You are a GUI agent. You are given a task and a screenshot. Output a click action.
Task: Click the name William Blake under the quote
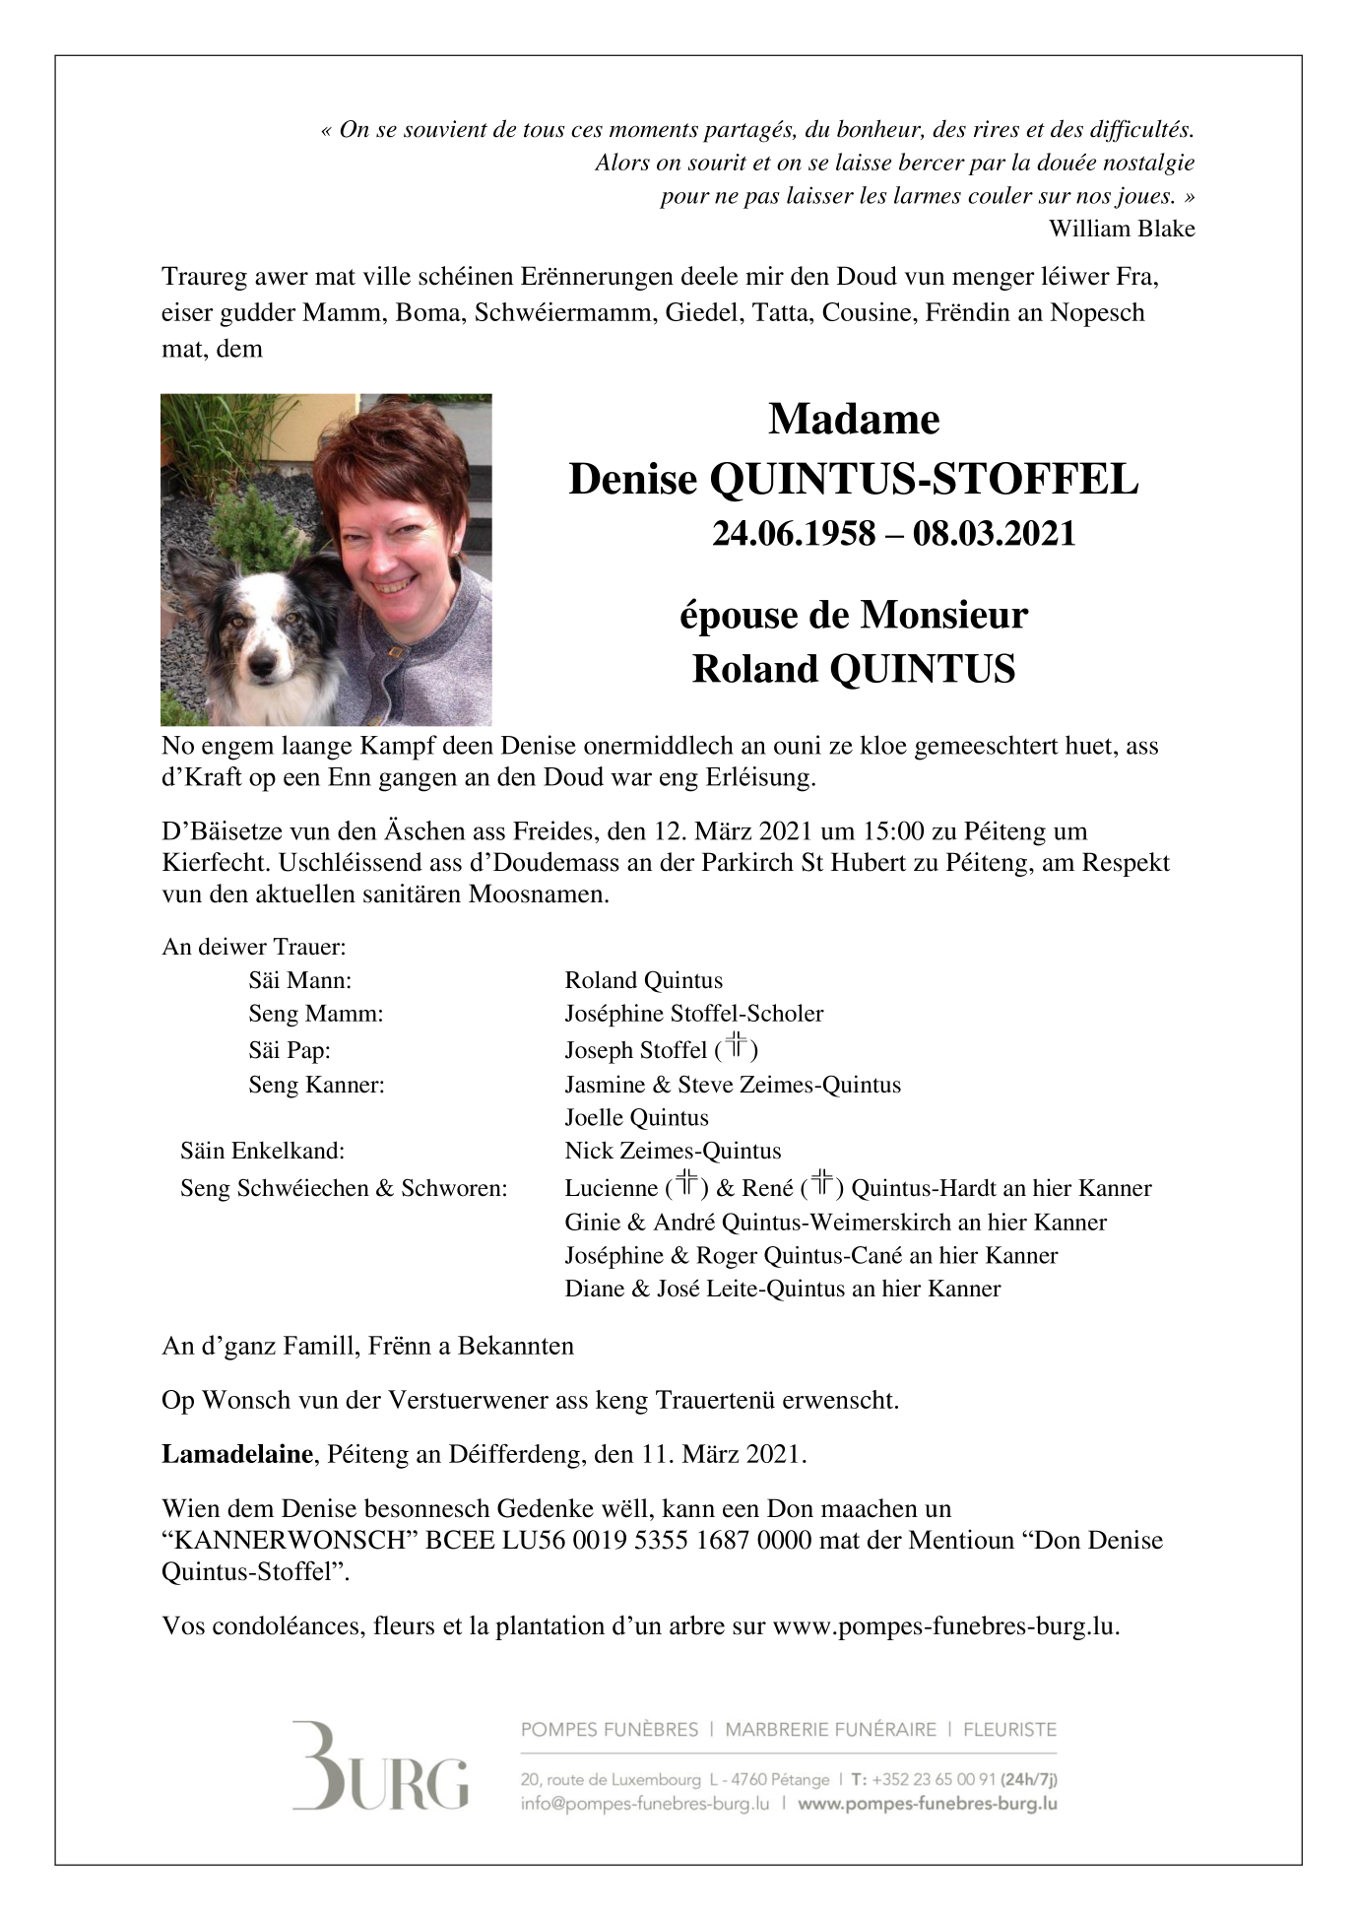click(1121, 229)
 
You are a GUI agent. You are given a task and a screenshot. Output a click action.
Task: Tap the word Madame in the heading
click(854, 420)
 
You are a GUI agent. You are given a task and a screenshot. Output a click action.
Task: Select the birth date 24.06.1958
click(794, 534)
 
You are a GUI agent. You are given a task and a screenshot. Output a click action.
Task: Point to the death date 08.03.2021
click(994, 534)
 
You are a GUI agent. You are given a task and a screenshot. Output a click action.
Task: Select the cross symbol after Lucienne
click(686, 1184)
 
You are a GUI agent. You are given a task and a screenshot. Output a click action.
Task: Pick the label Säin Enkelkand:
click(262, 1151)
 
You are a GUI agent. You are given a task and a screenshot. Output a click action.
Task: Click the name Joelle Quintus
click(636, 1117)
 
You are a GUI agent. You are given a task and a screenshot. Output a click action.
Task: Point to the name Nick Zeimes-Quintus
click(673, 1151)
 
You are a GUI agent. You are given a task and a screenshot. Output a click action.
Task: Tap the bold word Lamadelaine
click(237, 1454)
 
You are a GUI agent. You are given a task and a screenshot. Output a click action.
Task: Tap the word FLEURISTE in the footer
click(1009, 1729)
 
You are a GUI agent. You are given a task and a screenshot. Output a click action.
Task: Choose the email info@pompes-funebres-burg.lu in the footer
click(645, 1804)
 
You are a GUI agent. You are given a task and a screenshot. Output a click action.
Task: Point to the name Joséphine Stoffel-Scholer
click(693, 1014)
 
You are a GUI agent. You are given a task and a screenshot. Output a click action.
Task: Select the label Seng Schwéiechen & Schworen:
click(344, 1188)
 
